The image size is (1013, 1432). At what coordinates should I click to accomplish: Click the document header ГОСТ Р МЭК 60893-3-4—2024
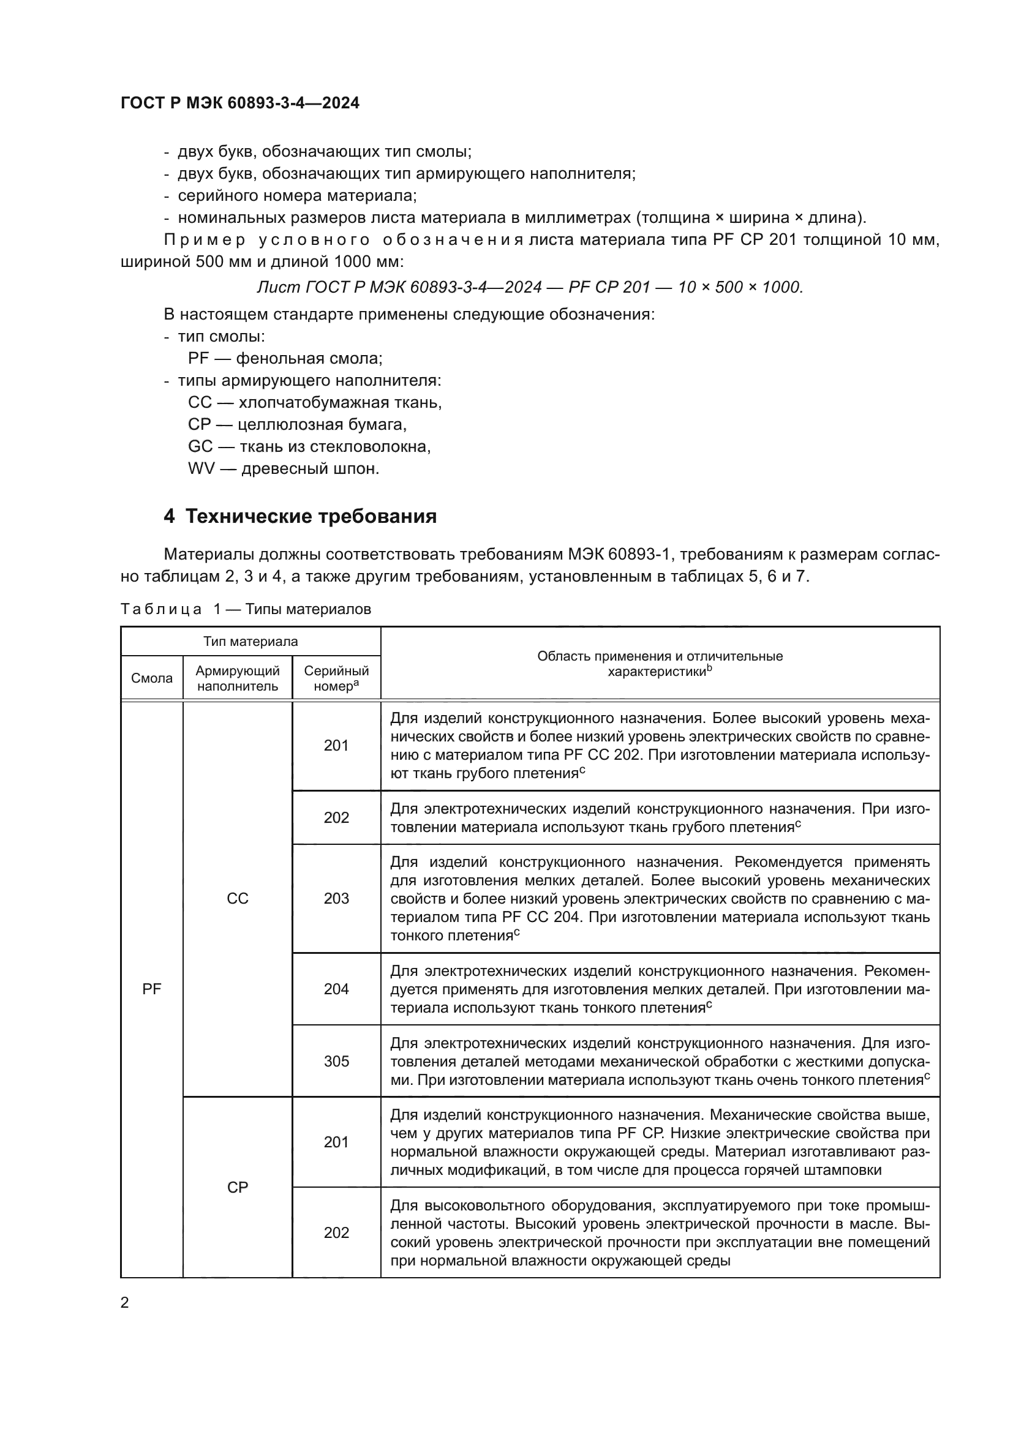pos(239,103)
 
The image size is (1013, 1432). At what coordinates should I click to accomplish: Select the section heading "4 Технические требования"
pos(300,517)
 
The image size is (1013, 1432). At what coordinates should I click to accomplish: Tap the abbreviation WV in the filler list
pos(201,468)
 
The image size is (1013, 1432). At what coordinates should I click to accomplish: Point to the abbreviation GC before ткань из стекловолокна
pos(200,446)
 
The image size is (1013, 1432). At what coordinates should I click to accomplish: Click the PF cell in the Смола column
pos(151,989)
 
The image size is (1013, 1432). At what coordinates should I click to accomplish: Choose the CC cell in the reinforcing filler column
pos(237,899)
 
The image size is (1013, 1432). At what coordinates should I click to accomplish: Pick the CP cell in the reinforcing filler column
pos(237,1188)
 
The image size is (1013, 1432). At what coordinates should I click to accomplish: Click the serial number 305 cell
pos(336,1062)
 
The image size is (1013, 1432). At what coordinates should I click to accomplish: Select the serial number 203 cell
pos(336,899)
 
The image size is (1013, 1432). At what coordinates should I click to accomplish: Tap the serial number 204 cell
pos(336,989)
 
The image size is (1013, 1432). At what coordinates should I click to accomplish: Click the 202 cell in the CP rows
pos(336,1233)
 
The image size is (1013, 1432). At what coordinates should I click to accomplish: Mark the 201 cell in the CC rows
pos(336,746)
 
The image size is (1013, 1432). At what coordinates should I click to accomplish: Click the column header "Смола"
pos(151,678)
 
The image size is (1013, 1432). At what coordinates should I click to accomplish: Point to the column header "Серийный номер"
pos(336,678)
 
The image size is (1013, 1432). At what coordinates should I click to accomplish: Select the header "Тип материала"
pos(250,642)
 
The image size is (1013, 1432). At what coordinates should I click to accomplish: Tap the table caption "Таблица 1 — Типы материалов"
pos(246,609)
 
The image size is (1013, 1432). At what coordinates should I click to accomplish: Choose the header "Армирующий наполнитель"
pos(237,678)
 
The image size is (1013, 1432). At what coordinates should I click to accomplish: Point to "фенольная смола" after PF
pos(309,359)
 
